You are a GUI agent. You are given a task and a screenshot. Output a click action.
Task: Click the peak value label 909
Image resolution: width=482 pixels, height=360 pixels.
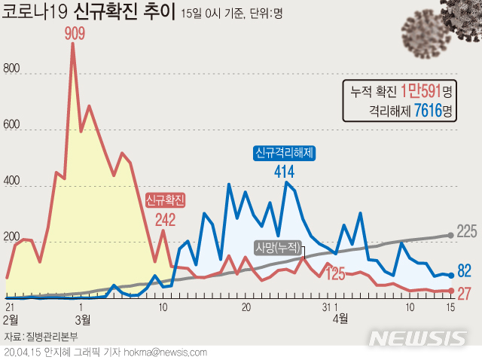[74, 34]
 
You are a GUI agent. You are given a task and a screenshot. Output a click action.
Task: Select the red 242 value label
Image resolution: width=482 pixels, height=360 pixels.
[166, 220]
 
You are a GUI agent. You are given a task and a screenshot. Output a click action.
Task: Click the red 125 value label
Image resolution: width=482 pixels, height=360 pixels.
[336, 273]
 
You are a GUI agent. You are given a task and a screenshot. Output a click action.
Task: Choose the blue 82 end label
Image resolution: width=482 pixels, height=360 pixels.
[465, 271]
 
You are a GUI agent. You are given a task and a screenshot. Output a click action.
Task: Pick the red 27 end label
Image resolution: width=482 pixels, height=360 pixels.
[465, 293]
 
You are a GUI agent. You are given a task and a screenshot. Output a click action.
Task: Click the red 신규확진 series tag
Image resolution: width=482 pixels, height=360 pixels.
[166, 200]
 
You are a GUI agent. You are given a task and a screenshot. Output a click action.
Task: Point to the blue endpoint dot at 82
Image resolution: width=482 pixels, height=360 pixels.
[451, 276]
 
